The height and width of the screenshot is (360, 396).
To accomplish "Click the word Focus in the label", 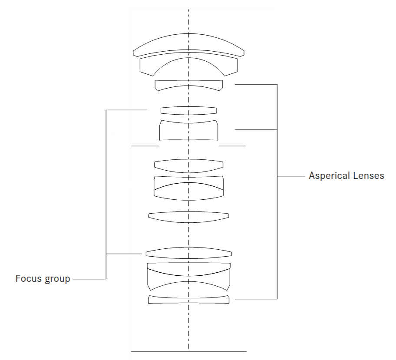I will click(x=26, y=279).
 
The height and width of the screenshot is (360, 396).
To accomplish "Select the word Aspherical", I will click(x=327, y=177).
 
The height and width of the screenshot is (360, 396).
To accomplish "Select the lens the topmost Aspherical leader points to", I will click(x=188, y=85).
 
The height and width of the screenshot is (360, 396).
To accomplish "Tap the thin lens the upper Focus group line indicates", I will click(x=188, y=110).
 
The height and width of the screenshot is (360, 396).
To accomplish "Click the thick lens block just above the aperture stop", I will click(x=188, y=131).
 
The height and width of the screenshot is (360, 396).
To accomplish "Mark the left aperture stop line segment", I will click(x=145, y=146).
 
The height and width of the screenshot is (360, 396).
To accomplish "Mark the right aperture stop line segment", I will click(x=232, y=146).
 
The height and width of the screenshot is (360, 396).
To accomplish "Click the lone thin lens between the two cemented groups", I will click(x=188, y=215).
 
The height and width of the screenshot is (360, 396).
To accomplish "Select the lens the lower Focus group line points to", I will click(x=188, y=253).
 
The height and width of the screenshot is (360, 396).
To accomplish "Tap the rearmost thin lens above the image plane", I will click(x=188, y=299).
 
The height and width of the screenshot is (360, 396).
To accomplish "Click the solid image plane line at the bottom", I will click(x=188, y=351).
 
